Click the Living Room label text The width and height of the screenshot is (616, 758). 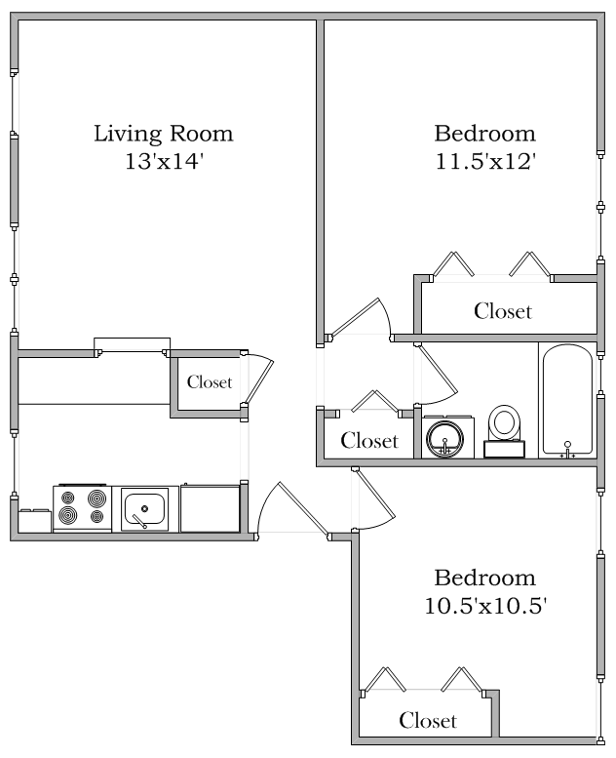(x=163, y=134)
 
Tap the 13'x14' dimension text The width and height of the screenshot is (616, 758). (x=163, y=162)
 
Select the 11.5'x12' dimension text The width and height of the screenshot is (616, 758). (x=485, y=162)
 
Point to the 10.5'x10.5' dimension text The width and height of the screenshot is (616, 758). (x=484, y=606)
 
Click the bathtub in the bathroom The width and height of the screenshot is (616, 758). (x=565, y=399)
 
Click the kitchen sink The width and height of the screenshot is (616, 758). (x=145, y=508)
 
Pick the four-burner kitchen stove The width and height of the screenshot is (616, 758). (x=82, y=507)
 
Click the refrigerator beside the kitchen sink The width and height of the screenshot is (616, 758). (x=210, y=508)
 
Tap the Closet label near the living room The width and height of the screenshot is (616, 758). (x=210, y=382)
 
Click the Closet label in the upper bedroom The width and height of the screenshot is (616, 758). (x=503, y=311)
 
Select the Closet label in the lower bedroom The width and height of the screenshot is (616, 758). (x=428, y=721)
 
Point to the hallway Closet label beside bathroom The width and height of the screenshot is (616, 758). (x=369, y=441)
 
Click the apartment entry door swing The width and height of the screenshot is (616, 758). (x=283, y=507)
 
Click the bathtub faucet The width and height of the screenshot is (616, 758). (x=567, y=450)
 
